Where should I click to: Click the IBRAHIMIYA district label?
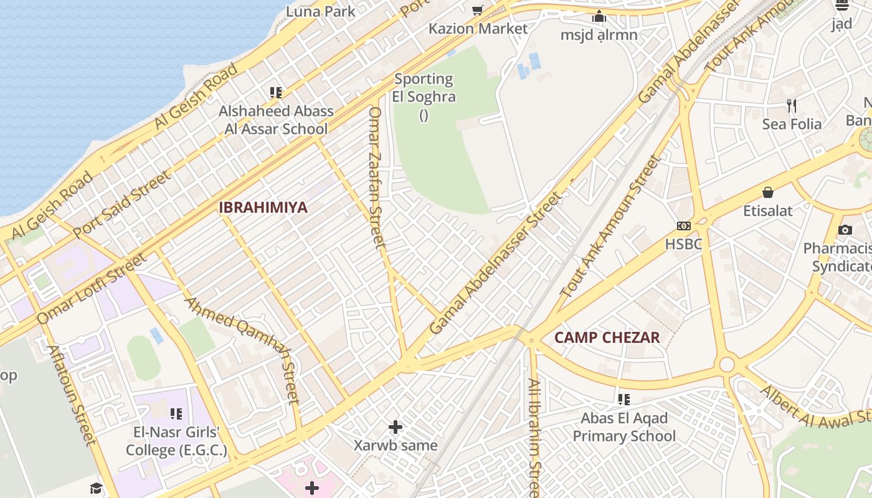tap(263, 207)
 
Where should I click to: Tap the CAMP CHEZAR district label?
tap(607, 338)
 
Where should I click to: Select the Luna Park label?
tap(320, 11)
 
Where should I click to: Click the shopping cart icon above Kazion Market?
tap(478, 10)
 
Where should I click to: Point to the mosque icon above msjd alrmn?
tap(599, 16)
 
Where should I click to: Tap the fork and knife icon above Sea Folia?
tap(792, 105)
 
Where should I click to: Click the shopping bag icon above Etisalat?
tap(768, 192)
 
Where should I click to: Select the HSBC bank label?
tap(683, 244)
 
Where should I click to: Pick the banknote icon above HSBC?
tap(683, 226)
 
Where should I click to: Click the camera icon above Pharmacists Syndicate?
tap(845, 230)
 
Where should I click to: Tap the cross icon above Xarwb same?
tap(396, 427)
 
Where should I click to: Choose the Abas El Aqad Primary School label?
tap(623, 426)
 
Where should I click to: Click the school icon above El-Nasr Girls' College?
tap(176, 413)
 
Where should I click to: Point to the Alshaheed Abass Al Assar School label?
tap(276, 120)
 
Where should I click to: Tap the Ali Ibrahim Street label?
tap(534, 436)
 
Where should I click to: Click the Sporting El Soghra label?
tap(424, 88)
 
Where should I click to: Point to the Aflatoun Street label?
tap(72, 395)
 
